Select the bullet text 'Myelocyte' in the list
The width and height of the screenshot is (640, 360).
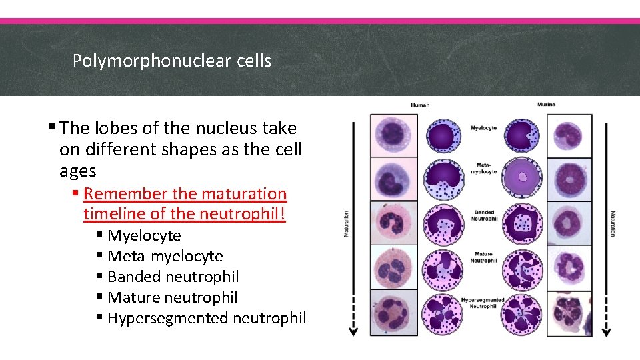(x=144, y=235)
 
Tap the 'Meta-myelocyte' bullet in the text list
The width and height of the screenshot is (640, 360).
(x=165, y=256)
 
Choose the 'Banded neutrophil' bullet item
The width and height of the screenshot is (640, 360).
(x=173, y=277)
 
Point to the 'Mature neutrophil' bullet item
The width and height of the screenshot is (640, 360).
(x=172, y=297)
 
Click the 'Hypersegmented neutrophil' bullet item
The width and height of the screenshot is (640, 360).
(x=207, y=318)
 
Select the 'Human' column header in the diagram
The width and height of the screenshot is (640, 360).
(x=420, y=105)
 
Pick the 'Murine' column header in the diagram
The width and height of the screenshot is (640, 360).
(x=546, y=105)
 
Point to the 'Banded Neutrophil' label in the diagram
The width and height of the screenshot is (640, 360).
(x=485, y=215)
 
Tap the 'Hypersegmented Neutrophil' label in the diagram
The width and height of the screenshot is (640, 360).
(x=483, y=303)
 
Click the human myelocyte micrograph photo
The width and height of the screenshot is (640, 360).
(x=394, y=135)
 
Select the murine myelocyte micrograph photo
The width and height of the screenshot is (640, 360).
(x=569, y=135)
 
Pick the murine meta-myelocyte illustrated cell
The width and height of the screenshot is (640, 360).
(x=523, y=179)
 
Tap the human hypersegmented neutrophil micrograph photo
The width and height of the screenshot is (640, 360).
(x=394, y=313)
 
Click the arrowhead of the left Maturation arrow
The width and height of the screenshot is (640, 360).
(x=354, y=331)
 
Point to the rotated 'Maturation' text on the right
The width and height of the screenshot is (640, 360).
(x=613, y=224)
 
